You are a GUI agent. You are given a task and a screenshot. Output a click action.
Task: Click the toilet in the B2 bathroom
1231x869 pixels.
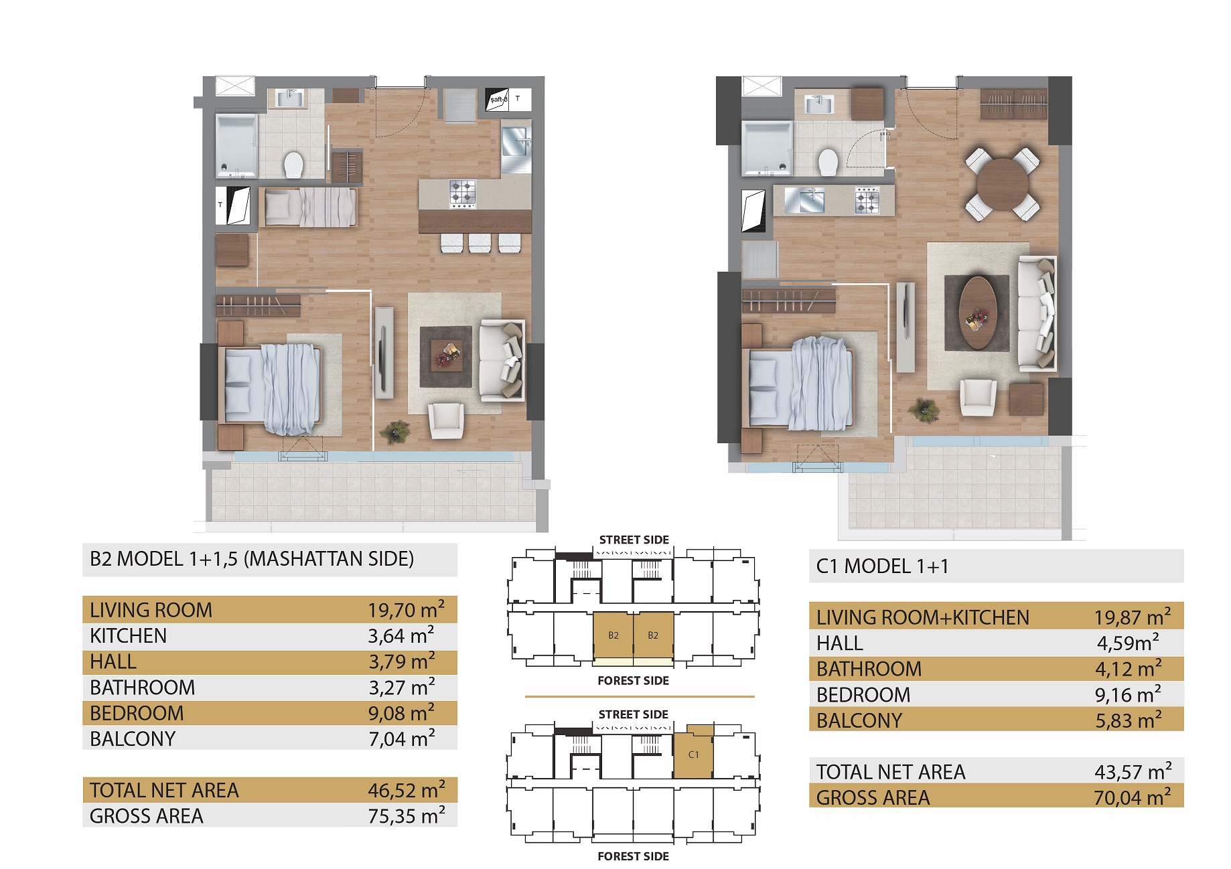pos(293,164)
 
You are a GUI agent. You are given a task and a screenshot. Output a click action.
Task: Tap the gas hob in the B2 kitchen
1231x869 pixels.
pos(462,194)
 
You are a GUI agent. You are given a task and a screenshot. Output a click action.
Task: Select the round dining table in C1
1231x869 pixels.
pos(1003,184)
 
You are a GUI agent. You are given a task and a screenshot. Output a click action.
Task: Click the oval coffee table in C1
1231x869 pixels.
pos(978,313)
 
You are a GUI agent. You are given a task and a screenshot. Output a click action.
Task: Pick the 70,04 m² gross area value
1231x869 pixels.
pos(1133,797)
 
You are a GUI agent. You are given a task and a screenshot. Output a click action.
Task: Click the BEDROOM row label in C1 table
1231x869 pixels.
pos(863,695)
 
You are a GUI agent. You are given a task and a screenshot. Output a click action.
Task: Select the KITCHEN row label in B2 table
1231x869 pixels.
pos(128,635)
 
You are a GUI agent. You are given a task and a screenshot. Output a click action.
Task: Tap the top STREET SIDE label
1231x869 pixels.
pos(634,540)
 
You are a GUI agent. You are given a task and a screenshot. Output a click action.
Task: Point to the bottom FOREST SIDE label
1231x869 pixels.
pos(633,856)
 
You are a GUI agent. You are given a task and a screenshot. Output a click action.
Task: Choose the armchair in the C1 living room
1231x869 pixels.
pos(978,398)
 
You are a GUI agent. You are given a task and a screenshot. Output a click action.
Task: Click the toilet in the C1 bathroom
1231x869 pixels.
pos(828,162)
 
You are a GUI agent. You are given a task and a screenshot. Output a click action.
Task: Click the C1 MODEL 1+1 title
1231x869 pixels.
pos(883,566)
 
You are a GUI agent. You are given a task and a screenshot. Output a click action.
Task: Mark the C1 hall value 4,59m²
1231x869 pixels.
pos(1128,643)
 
